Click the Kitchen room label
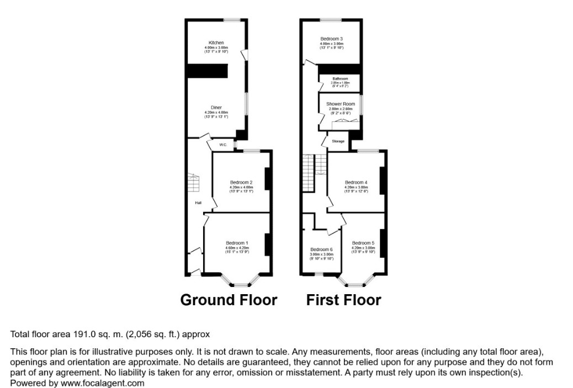216,42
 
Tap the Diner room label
216,108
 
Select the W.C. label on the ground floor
223,145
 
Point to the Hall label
198,203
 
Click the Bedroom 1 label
237,243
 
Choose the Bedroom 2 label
241,183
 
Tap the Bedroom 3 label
331,39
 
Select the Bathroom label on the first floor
340,79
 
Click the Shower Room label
339,104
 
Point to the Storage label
338,141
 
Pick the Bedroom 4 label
356,182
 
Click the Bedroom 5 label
363,243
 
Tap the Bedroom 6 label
321,249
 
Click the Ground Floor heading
229,300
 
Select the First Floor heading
343,300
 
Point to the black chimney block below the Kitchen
207,71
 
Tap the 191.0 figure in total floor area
84,334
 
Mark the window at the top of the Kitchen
231,20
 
